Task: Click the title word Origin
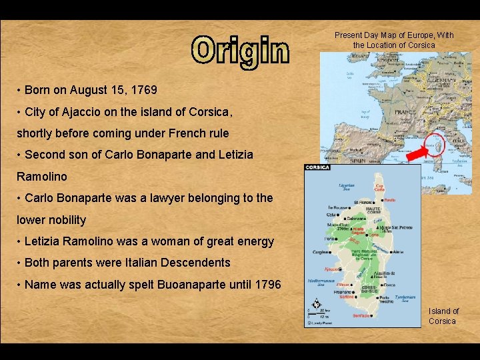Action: pos(241,51)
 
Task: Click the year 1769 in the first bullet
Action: pos(143,89)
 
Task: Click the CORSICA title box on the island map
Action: pos(317,167)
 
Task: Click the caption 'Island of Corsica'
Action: pos(443,316)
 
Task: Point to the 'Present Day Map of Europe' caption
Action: pos(393,40)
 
